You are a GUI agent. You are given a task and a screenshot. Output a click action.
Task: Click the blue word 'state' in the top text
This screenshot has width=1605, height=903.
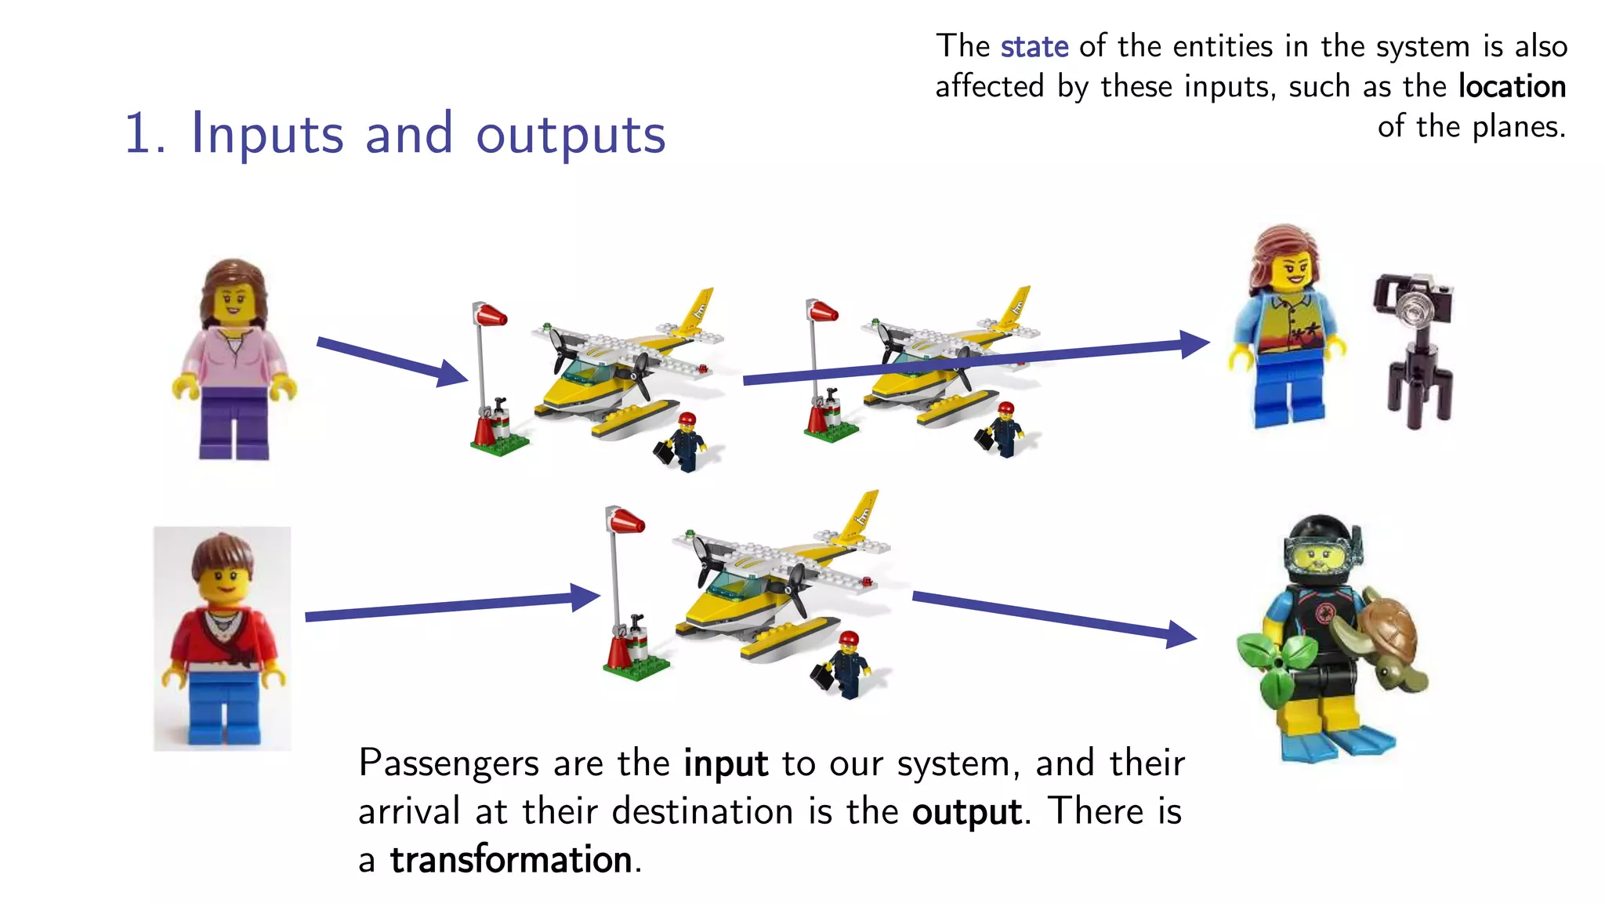click(x=1034, y=47)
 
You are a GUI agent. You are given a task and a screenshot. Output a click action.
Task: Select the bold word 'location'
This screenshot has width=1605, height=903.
click(x=1512, y=86)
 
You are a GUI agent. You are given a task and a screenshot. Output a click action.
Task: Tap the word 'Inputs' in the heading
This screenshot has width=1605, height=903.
click(x=266, y=134)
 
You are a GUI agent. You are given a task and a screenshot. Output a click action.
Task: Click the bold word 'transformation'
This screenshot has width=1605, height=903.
click(x=511, y=860)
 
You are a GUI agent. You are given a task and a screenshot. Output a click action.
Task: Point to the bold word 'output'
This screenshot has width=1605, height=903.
click(x=967, y=812)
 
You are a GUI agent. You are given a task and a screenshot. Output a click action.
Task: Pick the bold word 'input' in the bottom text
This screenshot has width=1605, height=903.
click(x=725, y=763)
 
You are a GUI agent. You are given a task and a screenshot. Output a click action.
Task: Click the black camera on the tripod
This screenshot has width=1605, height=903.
click(x=1413, y=301)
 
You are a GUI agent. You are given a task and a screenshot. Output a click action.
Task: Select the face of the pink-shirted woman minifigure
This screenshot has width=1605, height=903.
click(x=233, y=302)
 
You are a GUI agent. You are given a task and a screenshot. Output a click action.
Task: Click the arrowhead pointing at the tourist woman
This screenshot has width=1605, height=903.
click(x=1194, y=343)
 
